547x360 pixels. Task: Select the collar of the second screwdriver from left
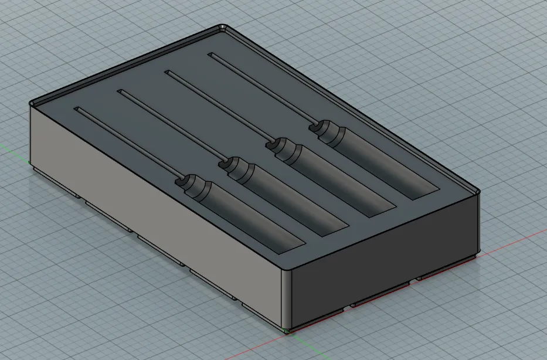(x=234, y=165)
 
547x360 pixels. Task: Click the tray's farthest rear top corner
(x=223, y=27)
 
